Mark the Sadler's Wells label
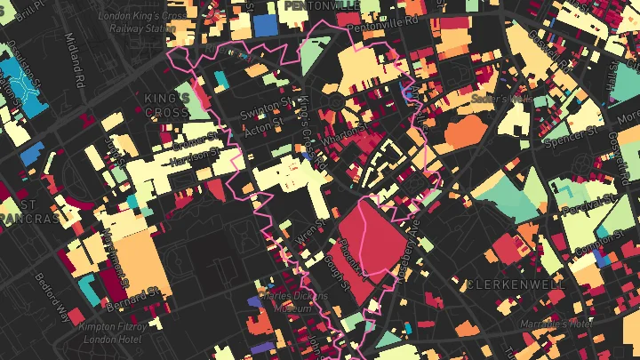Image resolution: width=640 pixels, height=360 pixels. tap(500, 99)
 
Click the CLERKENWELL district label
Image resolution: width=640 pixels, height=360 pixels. tap(515, 284)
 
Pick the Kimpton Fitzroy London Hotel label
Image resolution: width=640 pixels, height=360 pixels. tap(110, 332)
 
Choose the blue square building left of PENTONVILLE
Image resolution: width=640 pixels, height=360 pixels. tap(265, 25)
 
